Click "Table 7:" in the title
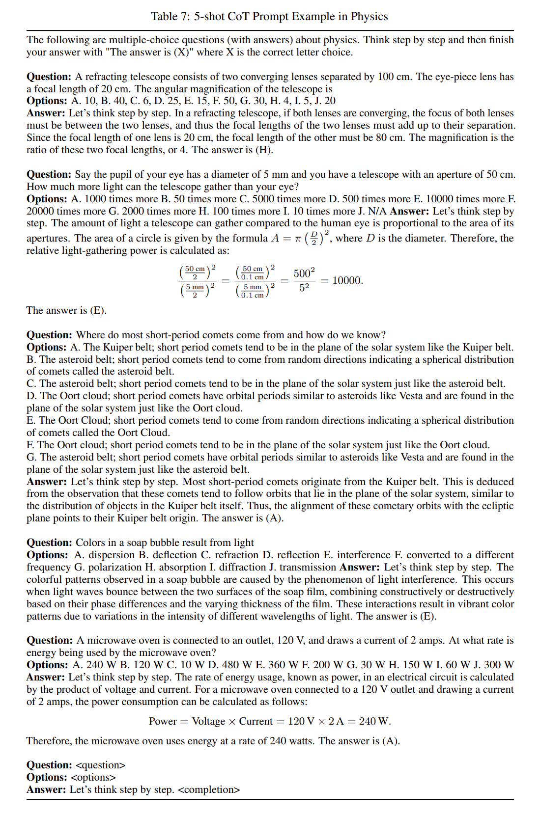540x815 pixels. point(170,16)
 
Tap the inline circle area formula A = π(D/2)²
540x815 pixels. point(300,238)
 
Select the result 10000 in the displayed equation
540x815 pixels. point(347,280)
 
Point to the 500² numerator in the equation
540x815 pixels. point(304,273)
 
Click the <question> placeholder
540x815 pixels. point(101,765)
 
